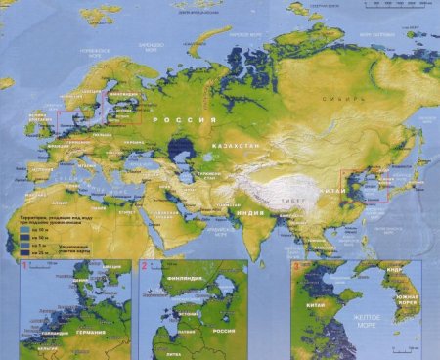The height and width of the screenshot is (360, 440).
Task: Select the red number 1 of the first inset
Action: pyautogui.click(x=51, y=266)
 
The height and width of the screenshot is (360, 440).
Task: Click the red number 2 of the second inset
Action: pyautogui.click(x=144, y=266)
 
